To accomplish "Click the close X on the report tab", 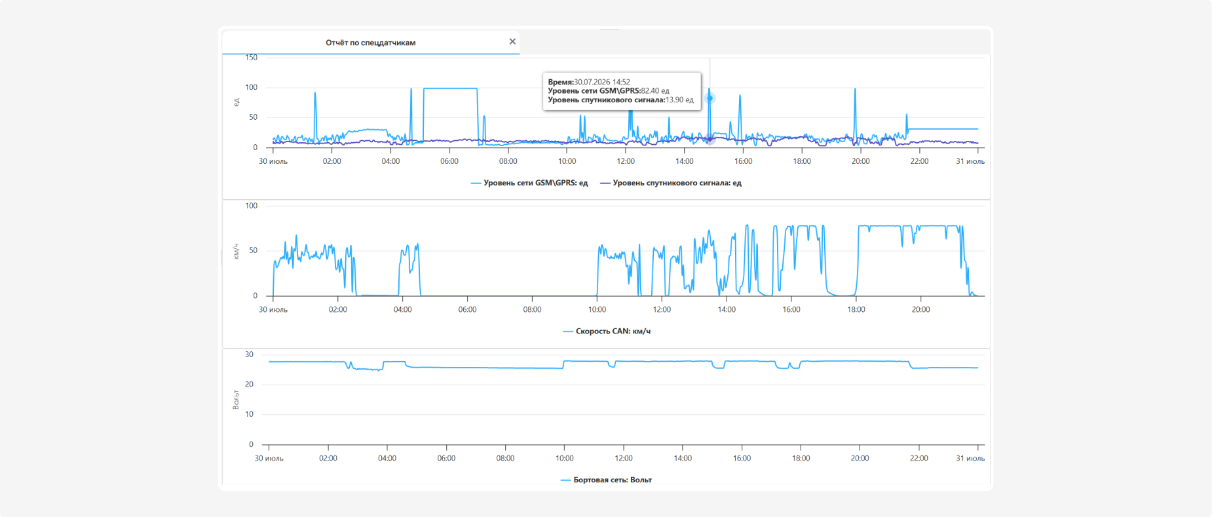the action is point(512,41).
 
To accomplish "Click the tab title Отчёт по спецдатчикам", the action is point(371,43).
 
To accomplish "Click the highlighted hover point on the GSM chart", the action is point(710,98).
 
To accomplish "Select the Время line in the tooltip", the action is point(589,82).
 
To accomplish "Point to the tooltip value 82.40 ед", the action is point(655,91).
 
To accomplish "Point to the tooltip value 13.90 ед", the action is point(679,100).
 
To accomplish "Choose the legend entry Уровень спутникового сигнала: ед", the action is point(671,183).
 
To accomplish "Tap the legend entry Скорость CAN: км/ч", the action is point(607,332).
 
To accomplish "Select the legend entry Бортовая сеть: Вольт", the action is point(606,480).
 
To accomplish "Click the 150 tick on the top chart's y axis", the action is point(252,58).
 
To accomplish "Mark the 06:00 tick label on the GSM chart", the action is point(449,161).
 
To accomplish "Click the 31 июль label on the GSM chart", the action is point(970,161).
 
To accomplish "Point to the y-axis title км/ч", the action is point(236,252).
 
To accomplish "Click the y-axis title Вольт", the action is point(236,399).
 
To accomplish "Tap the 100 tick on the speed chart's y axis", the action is point(252,206).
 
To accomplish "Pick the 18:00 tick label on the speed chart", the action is point(856,310).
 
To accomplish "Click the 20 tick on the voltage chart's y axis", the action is point(249,385).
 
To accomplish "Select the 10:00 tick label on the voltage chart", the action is point(565,459).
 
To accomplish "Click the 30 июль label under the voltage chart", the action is point(269,459).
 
